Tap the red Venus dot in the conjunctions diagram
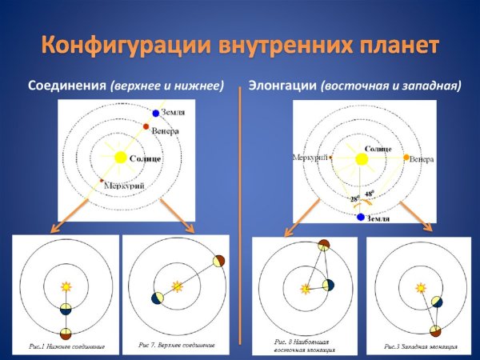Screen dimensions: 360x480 (146, 126)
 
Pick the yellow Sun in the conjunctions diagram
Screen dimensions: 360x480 (121, 158)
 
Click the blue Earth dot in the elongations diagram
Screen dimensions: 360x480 (362, 216)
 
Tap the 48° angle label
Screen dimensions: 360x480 (370, 194)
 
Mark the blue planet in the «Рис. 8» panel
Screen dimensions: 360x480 (328, 285)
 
